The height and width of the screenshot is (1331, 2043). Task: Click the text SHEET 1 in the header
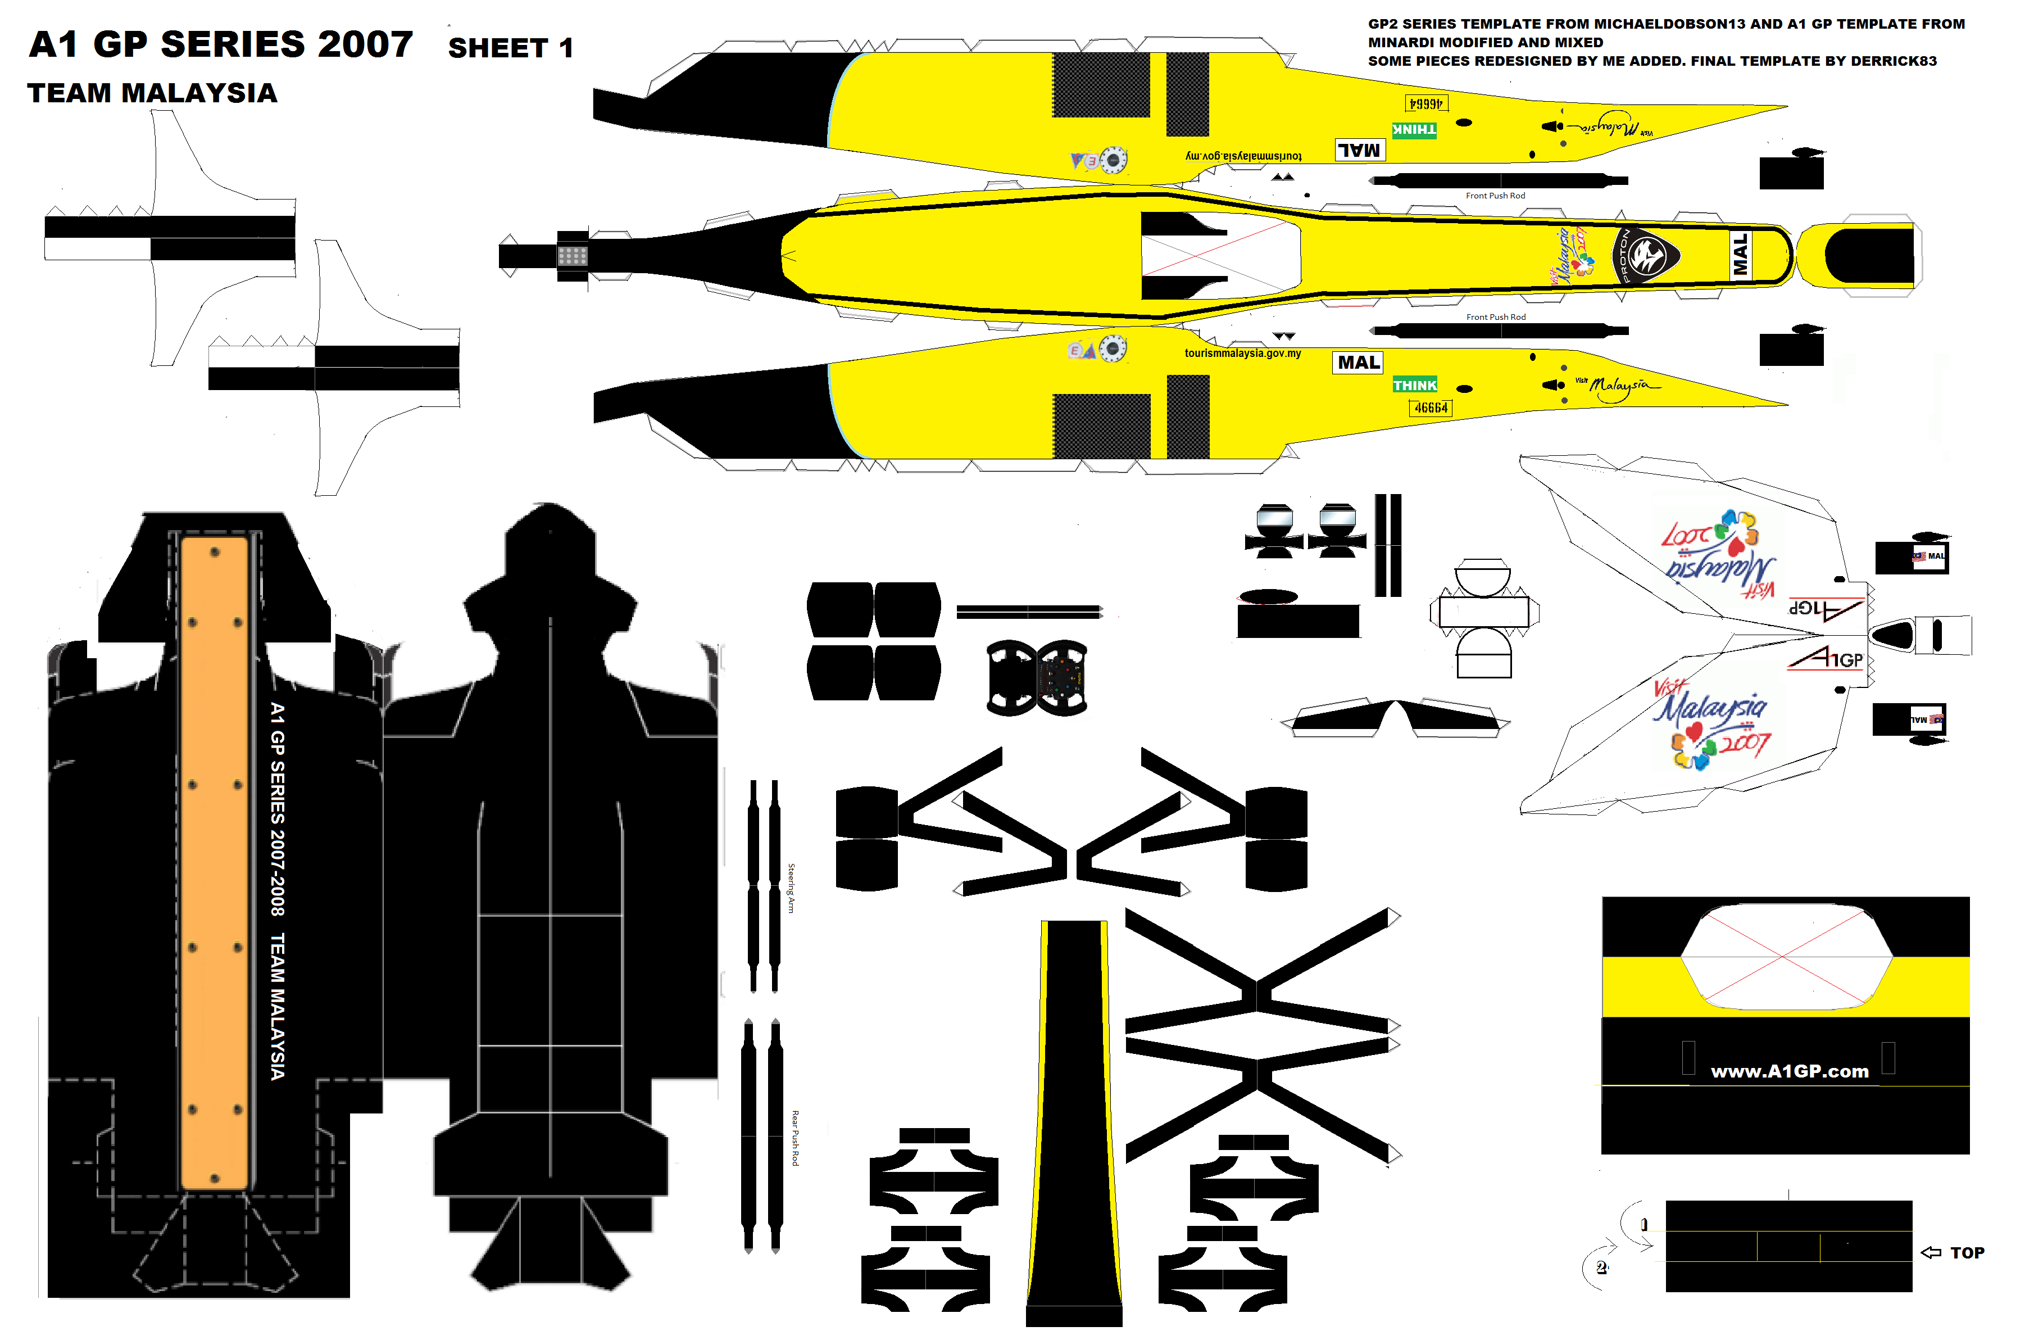click(x=510, y=48)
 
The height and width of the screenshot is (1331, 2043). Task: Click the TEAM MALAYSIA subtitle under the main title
click(x=152, y=93)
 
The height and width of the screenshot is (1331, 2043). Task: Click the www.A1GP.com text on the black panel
click(x=1789, y=1071)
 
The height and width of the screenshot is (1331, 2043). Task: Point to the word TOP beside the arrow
click(x=1967, y=1253)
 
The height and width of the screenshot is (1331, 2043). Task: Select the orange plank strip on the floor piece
click(x=215, y=859)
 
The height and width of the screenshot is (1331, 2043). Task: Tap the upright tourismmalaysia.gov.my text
click(x=1242, y=353)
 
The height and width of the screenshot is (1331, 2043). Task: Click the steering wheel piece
click(x=1037, y=677)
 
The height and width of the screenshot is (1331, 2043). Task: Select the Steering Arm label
click(x=792, y=888)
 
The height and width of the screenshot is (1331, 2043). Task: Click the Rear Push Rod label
click(x=795, y=1137)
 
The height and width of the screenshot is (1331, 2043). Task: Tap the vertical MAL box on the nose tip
click(x=1740, y=255)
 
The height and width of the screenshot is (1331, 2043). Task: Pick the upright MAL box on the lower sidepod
click(x=1358, y=363)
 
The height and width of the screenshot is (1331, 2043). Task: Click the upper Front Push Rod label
click(x=1495, y=196)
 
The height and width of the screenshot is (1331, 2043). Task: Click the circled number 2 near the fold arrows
click(x=1601, y=1267)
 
